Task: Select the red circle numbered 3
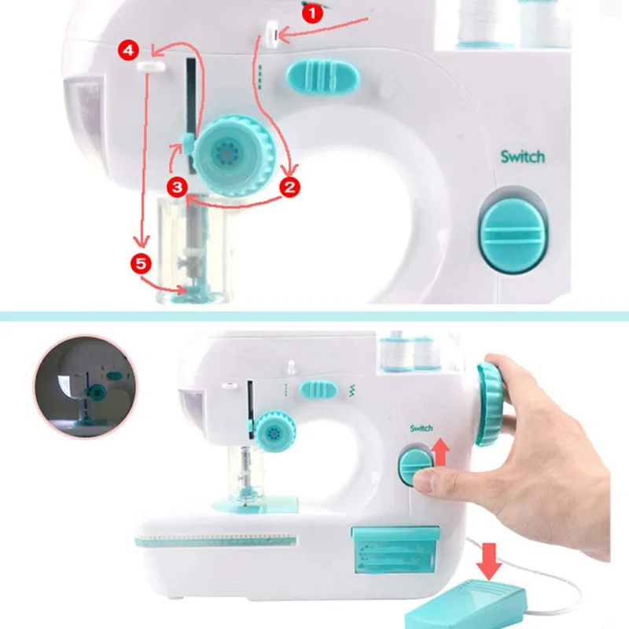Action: point(176,186)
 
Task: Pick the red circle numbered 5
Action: point(141,264)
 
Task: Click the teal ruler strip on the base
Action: point(216,541)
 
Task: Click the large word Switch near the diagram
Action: point(522,156)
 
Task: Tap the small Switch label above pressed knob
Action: point(421,429)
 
